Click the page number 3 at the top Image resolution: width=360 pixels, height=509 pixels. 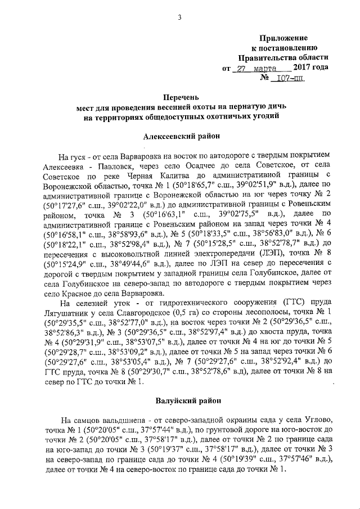coord(179,17)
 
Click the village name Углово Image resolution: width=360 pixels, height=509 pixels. coord(318,420)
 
